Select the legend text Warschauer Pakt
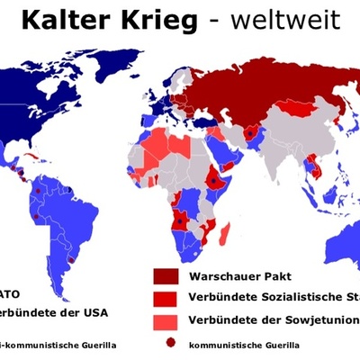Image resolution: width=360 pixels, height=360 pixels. click(229, 276)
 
